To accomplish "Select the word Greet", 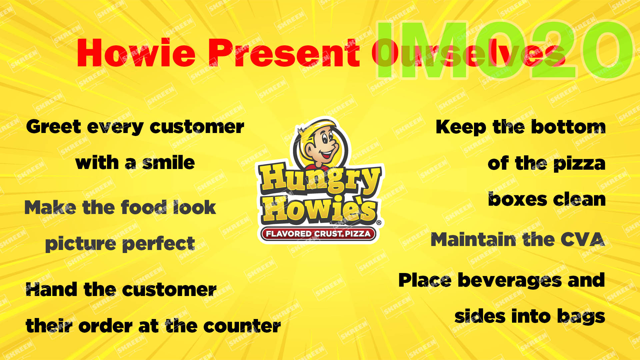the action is point(54,127).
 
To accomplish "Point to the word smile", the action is point(169,163).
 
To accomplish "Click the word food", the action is point(144,207).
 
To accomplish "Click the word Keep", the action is point(461,127).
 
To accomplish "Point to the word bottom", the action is point(568,127).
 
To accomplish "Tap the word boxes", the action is point(518,199).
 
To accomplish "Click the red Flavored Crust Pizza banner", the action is point(318,234).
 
